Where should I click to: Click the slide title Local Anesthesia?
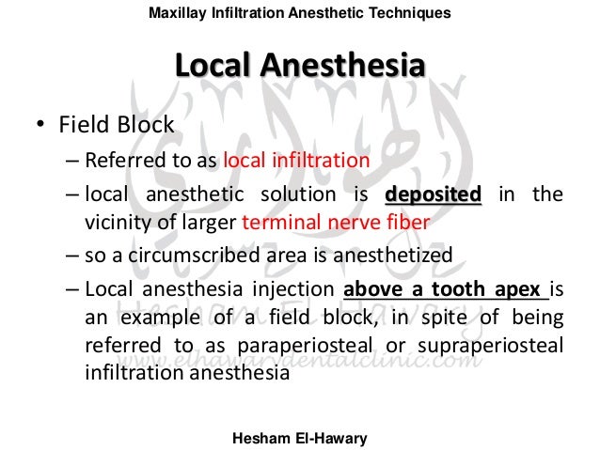tap(299, 67)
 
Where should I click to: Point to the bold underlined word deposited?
tap(433, 195)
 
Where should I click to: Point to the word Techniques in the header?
tap(417, 12)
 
